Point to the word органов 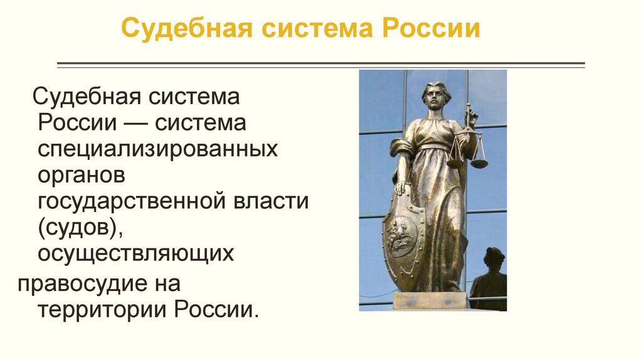click(82, 175)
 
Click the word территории click(103, 309)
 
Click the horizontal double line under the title click(321, 64)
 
